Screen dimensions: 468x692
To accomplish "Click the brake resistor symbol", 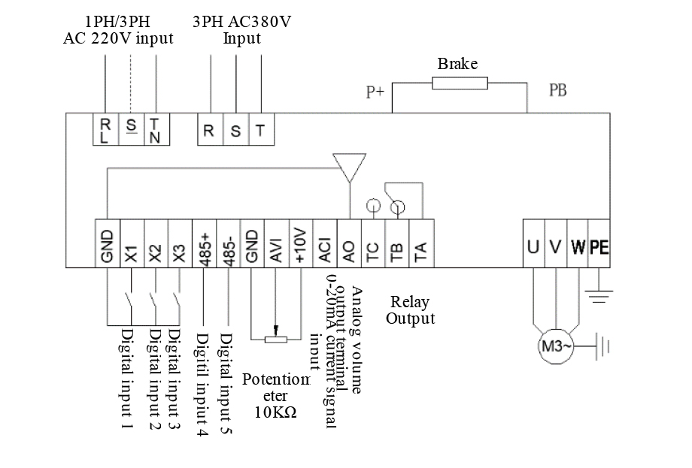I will point(460,83).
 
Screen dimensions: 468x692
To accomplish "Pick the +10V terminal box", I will point(299,243).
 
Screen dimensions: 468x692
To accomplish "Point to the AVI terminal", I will point(276,243).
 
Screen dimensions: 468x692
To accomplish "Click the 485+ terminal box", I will point(205,243).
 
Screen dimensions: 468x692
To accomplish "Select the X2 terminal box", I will point(155,243).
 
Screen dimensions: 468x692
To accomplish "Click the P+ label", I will point(375,92).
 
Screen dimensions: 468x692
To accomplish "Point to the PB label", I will point(557,91).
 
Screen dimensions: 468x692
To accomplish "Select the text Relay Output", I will point(411,310).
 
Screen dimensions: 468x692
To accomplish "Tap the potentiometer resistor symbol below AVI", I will point(276,339).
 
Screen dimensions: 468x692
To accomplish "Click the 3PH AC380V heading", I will point(241,29).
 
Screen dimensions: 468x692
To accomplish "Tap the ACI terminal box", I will point(324,243).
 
